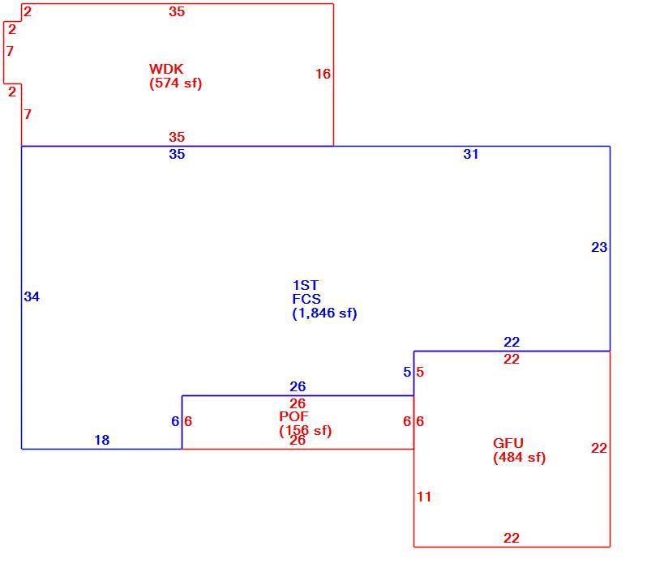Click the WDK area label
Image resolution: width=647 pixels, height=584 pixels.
pos(166,69)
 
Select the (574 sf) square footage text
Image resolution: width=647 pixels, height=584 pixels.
pos(176,83)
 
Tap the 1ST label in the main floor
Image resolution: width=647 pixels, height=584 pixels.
pos(306,285)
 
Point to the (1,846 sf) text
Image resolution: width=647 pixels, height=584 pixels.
pos(324,313)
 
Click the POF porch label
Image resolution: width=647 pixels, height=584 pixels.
pos(294,416)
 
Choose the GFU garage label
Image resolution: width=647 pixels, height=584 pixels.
pos(508,443)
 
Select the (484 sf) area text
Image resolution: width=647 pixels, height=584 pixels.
pos(520,458)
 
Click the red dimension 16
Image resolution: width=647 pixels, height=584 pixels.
pos(323,74)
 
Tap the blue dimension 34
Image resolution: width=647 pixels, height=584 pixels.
pos(32,296)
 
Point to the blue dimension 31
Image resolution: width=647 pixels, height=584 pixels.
pos(471,154)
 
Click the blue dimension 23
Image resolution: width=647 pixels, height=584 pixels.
pos(599,247)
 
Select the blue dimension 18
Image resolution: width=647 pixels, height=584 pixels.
pos(102,440)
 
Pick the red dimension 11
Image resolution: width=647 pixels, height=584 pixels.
pos(424,497)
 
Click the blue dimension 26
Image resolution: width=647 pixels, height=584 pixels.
pos(298,386)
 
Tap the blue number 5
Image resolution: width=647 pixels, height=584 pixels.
pos(407,372)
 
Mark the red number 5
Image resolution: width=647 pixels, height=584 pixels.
pos(420,372)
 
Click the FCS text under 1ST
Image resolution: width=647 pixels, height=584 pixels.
pos(306,299)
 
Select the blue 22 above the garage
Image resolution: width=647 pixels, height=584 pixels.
pos(512,342)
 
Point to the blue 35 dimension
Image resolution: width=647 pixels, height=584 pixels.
pos(177,154)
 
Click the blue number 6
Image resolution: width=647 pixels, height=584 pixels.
pos(175,421)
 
